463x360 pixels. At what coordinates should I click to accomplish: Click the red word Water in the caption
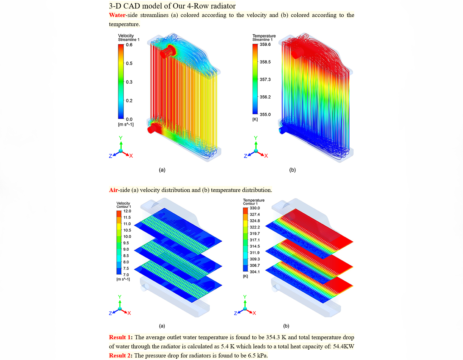point(117,15)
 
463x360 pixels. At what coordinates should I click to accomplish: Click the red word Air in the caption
point(113,190)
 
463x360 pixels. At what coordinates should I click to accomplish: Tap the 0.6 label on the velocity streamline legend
point(129,45)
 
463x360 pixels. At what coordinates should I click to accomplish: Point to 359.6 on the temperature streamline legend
point(265,44)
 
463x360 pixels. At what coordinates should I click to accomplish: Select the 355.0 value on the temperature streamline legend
point(265,115)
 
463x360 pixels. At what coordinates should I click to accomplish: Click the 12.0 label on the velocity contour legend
point(127,211)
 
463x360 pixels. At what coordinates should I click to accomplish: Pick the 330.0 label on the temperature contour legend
point(255,208)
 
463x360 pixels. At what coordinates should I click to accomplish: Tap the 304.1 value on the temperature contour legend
point(255,272)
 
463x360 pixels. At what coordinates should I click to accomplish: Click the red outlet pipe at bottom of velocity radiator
point(153,128)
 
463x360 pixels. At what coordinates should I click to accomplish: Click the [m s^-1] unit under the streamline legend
point(126,124)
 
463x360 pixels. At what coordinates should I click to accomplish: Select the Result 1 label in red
point(120,337)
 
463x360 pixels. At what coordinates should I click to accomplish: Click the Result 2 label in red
point(120,356)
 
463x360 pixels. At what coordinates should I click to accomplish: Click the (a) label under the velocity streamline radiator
point(162,170)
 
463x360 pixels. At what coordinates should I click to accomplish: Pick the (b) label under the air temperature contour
point(286,326)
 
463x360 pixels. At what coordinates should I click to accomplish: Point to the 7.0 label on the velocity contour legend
point(126,275)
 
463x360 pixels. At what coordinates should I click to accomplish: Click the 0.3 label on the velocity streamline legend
point(129,82)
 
